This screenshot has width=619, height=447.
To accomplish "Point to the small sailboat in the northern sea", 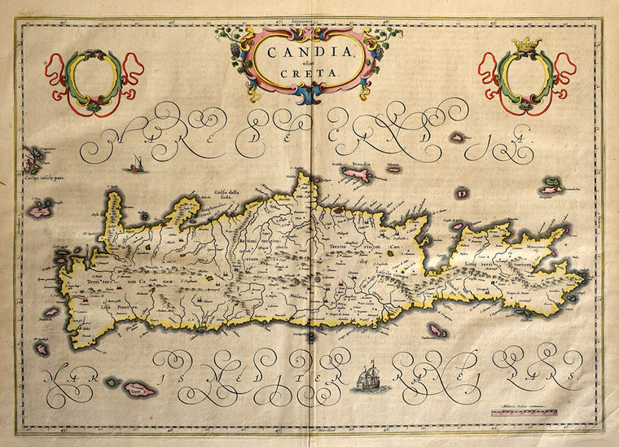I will (132, 167).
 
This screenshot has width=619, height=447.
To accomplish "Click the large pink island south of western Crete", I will (139, 389).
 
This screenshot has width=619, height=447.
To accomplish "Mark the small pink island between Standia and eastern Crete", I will (462, 193).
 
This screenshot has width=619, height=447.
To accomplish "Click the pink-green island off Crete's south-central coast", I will (436, 331).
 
